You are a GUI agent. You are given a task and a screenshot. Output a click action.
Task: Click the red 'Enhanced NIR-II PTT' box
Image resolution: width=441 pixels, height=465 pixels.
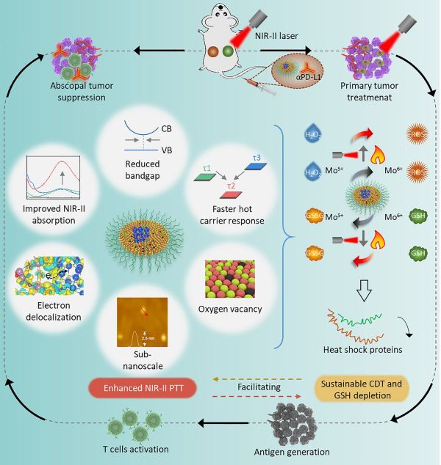(140, 388)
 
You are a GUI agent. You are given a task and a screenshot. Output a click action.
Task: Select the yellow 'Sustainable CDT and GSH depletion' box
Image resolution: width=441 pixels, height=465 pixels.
(365, 388)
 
